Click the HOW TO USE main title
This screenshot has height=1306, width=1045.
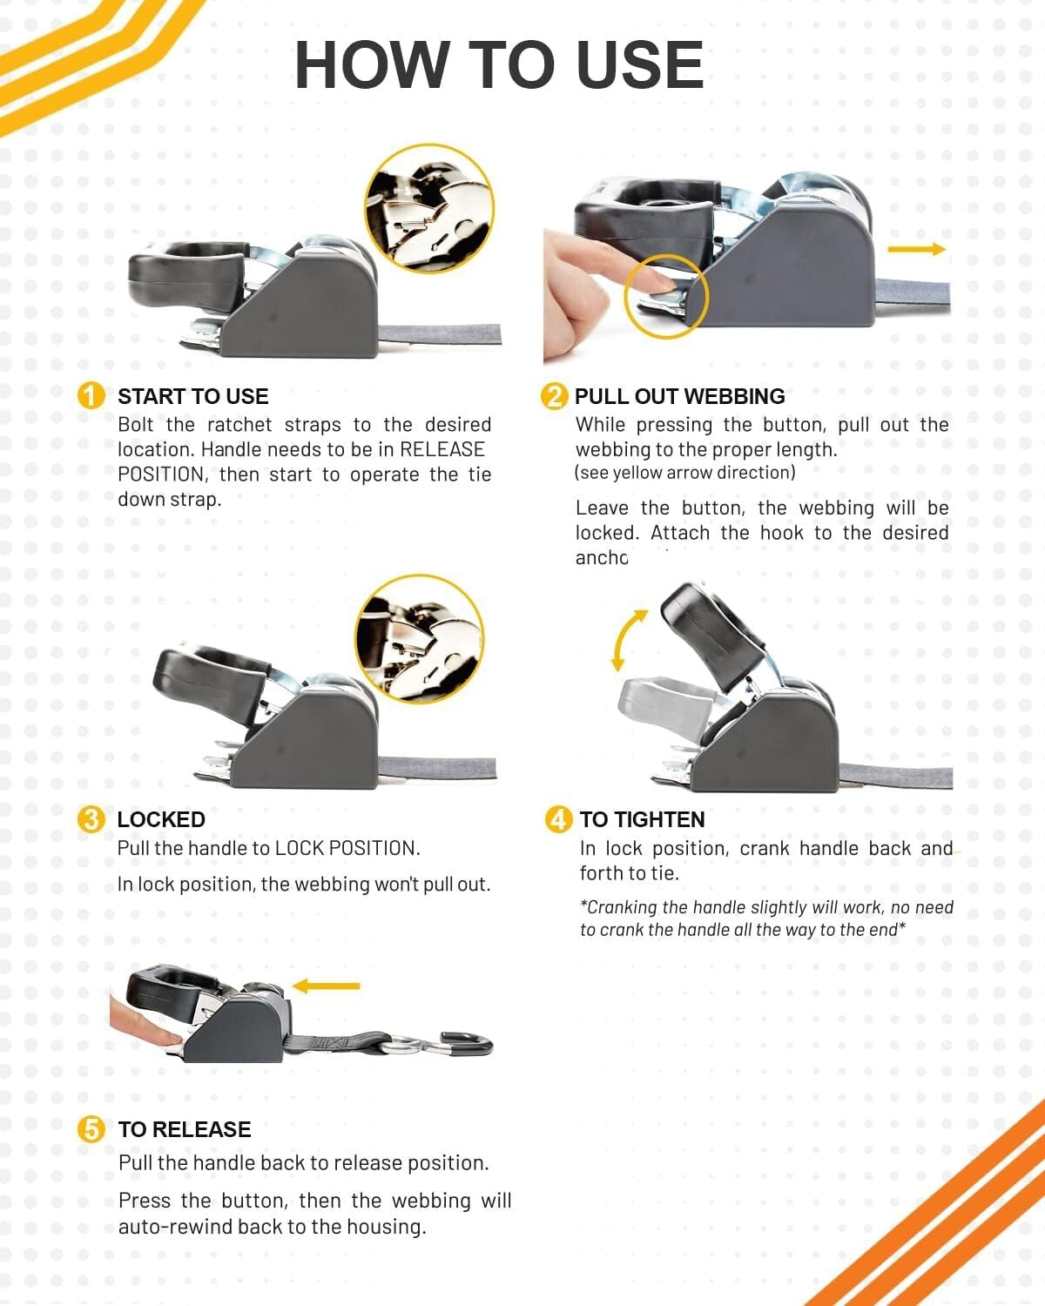point(499,65)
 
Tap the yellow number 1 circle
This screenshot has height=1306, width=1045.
point(91,396)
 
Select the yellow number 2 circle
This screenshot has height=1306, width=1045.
point(554,396)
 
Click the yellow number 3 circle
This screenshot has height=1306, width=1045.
point(91,819)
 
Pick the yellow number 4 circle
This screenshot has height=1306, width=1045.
point(558,819)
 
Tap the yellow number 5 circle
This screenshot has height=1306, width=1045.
point(91,1129)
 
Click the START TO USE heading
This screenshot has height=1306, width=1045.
point(192,396)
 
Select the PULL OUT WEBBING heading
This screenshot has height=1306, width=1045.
point(679,396)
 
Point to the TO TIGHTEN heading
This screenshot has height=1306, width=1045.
point(642,819)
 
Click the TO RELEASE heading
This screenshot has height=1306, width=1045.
point(184,1129)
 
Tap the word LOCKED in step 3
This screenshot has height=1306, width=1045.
point(161,819)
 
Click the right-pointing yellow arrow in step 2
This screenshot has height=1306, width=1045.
point(916,249)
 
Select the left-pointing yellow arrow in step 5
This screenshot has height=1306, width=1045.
point(326,986)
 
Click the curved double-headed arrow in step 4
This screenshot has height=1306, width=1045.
point(628,640)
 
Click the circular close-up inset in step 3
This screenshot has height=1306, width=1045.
point(420,638)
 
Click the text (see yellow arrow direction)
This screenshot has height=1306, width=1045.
point(684,473)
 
